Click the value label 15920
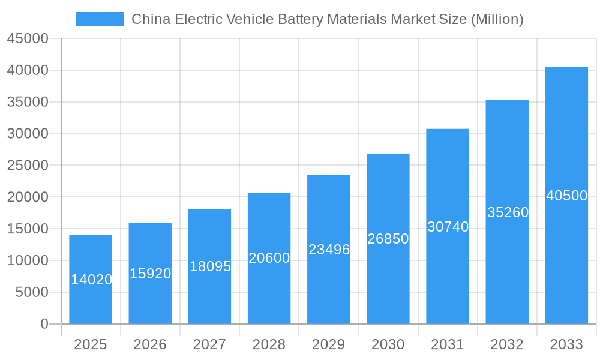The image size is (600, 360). [x=150, y=274]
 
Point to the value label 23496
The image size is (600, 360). [x=329, y=250]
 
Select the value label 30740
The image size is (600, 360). [x=448, y=227]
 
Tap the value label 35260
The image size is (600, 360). [x=508, y=212]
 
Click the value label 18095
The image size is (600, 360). [x=210, y=266]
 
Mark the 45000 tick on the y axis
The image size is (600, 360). [x=28, y=38]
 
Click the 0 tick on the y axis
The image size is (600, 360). [x=44, y=324]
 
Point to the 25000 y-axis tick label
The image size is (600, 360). [x=28, y=166]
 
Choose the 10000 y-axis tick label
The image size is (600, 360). [x=28, y=260]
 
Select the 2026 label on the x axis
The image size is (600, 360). [x=150, y=344]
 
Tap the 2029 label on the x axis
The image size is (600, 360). [x=329, y=344]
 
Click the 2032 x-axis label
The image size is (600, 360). [x=507, y=344]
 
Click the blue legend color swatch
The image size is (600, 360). [x=100, y=19]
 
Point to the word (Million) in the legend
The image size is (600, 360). [x=497, y=19]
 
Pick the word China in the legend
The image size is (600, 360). [x=149, y=19]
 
